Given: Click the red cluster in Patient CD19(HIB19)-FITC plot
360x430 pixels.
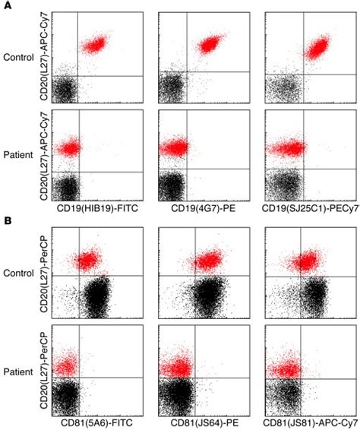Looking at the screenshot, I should coord(68,148).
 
